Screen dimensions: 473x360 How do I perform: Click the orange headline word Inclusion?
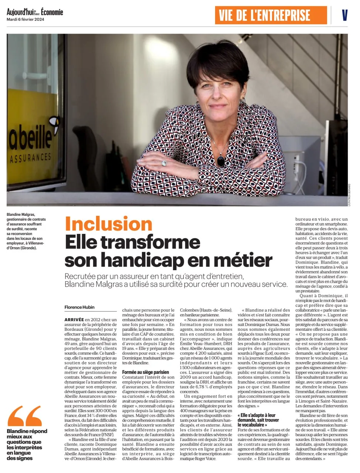[x=109, y=224]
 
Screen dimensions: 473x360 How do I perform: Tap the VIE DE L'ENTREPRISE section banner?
[x=265, y=16]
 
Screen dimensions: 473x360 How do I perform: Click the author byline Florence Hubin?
[x=79, y=307]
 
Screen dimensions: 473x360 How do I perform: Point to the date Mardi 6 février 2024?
[x=25, y=20]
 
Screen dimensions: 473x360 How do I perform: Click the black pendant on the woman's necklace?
[x=221, y=160]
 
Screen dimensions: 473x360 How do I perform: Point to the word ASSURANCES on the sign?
[x=31, y=158]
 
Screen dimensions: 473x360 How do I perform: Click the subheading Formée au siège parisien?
[x=146, y=372]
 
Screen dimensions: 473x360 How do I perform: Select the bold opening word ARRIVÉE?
[x=74, y=319]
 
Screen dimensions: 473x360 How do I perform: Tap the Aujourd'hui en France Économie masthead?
[x=35, y=12]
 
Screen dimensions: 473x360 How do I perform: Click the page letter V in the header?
[x=344, y=16]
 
